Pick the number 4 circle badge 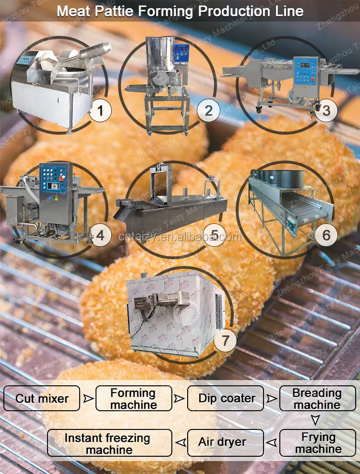click(x=100, y=235)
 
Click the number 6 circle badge click(x=326, y=235)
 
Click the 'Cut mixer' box click(x=42, y=398)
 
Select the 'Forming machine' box click(x=133, y=399)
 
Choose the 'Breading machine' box click(x=317, y=399)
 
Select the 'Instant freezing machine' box click(x=110, y=443)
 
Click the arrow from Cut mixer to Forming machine click(x=88, y=398)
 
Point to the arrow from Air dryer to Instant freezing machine click(x=180, y=442)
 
